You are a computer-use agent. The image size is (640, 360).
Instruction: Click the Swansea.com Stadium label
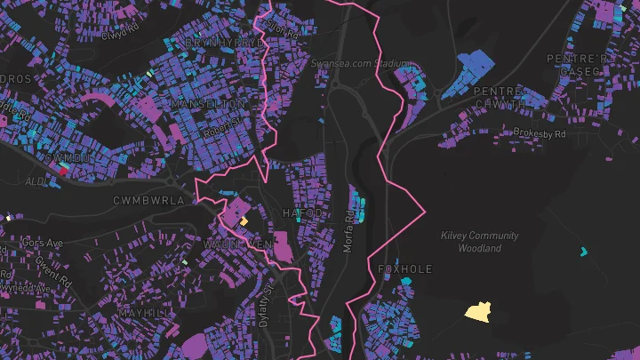coord(362,64)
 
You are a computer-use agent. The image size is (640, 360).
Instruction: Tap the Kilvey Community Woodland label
coord(480,242)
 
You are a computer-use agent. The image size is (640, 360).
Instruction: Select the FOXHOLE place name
coord(404,268)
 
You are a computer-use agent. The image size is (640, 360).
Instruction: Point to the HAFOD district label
coord(303,214)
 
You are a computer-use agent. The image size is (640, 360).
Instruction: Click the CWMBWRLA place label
coord(148,201)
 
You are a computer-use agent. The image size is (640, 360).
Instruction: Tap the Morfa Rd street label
coord(349,228)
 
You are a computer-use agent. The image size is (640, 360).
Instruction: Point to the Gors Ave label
coord(44,242)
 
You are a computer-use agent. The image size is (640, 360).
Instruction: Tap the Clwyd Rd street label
coord(121,32)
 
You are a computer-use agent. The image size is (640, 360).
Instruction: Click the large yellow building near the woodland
coord(478,311)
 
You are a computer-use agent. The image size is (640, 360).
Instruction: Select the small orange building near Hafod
coord(243,220)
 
